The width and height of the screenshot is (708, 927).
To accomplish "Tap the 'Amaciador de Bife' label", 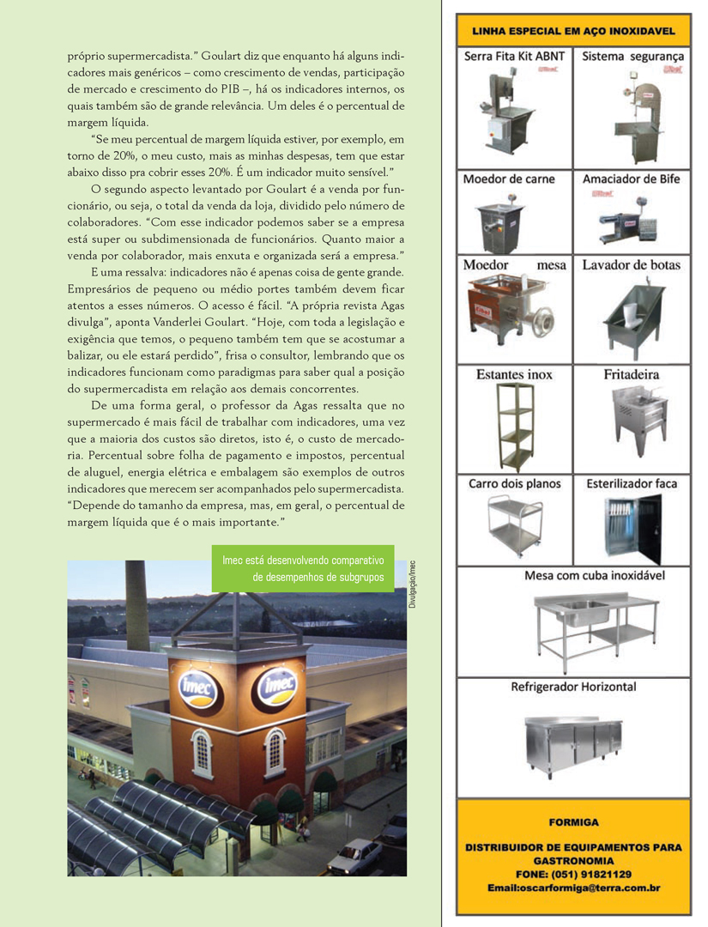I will [631, 179].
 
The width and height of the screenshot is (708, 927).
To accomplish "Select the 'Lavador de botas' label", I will [631, 265].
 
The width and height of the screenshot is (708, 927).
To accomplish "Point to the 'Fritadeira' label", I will [631, 375].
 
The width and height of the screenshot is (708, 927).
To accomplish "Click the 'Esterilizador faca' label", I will [632, 484].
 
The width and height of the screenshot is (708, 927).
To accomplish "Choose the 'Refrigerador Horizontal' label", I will [573, 687].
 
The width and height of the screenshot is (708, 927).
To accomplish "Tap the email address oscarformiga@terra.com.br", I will [573, 888].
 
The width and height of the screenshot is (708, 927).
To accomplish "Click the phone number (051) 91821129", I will [573, 874].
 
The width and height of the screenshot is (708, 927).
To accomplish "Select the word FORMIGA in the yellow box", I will [573, 821].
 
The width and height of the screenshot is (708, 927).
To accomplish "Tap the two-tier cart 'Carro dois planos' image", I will [514, 524].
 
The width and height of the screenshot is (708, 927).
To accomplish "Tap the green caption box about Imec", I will [303, 568].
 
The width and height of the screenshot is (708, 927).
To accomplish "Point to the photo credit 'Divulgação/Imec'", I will [412, 584].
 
